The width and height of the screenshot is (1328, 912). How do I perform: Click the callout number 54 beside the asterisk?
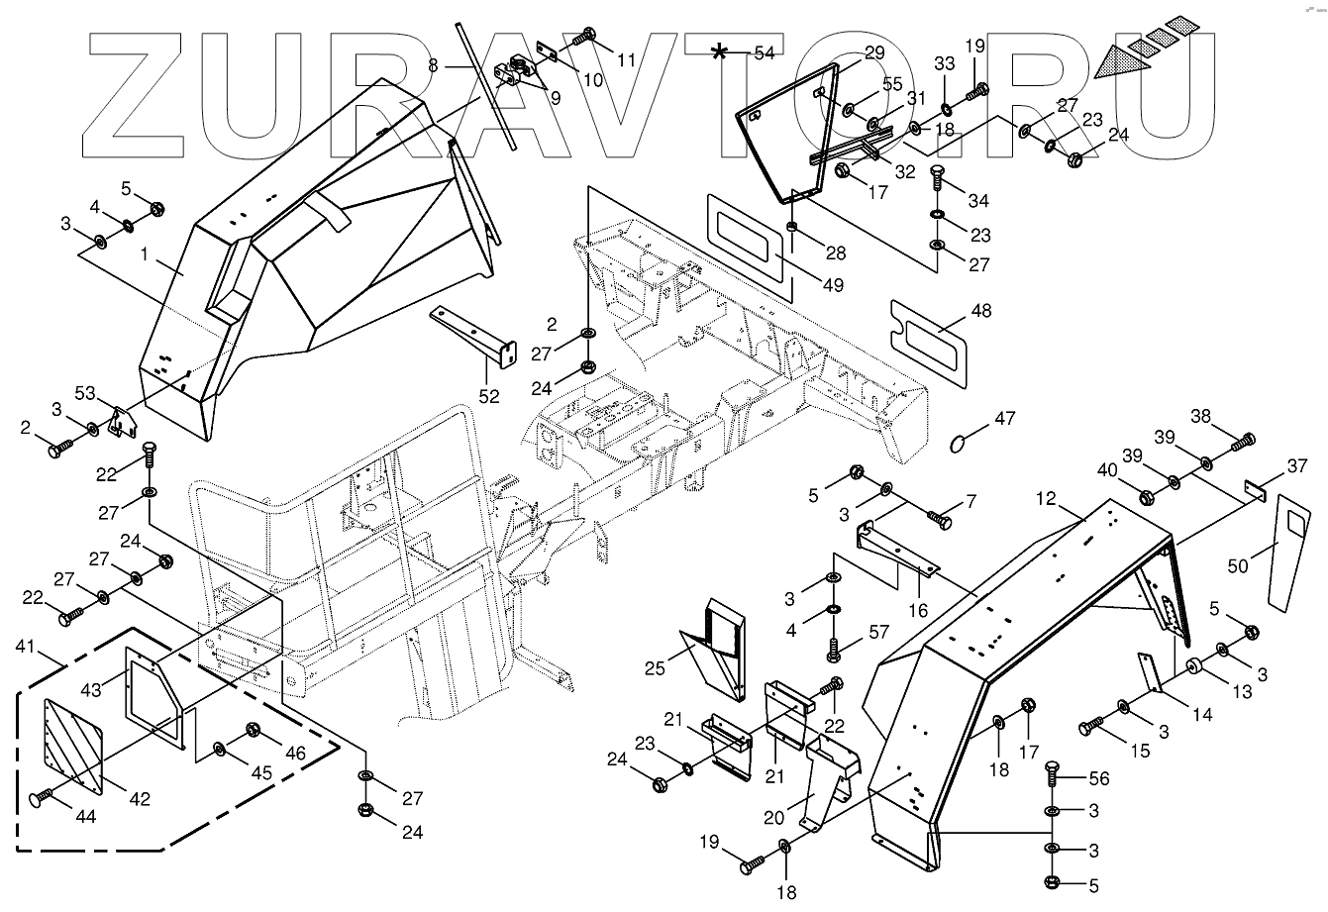tap(764, 53)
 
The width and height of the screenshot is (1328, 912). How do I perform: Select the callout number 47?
tap(1005, 420)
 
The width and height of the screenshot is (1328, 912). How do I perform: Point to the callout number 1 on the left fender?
tap(144, 254)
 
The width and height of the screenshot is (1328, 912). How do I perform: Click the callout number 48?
tap(979, 311)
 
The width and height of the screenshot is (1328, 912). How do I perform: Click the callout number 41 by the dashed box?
tap(26, 648)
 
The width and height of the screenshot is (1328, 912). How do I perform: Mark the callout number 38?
tap(1200, 417)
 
